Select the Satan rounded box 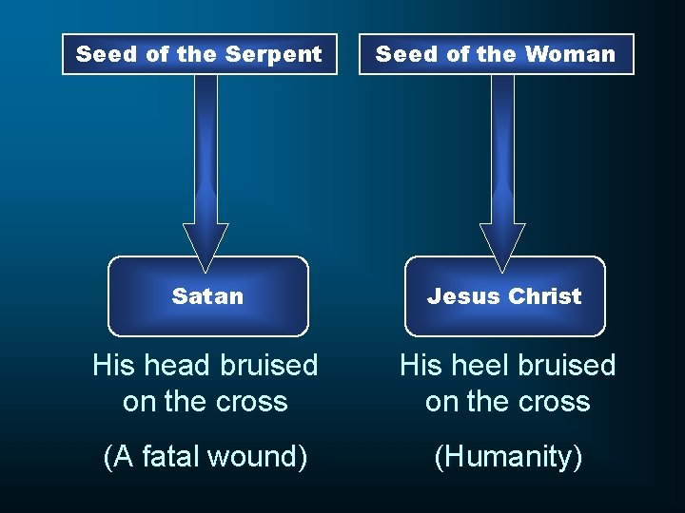tap(207, 296)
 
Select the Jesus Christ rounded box tap(504, 296)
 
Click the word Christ tap(544, 296)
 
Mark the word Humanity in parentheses tap(508, 457)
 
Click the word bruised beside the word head tap(270, 365)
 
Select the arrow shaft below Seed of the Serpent tap(205, 142)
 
